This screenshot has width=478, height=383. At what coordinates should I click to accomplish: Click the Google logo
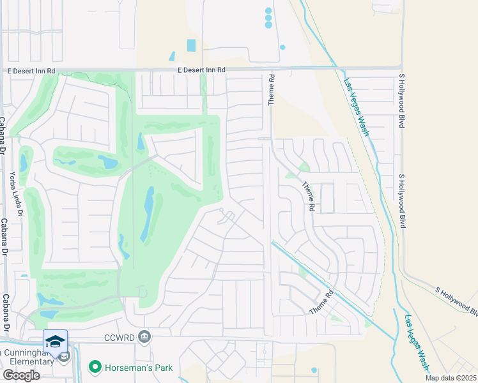click(x=21, y=375)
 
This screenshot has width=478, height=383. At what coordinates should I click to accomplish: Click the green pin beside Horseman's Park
click(x=95, y=367)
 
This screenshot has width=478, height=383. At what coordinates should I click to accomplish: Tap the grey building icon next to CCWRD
click(x=145, y=337)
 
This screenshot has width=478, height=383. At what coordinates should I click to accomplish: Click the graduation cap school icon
click(x=56, y=341)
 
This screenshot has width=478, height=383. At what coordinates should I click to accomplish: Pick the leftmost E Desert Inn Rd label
click(x=31, y=70)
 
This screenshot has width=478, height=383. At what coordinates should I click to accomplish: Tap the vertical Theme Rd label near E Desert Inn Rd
click(x=272, y=89)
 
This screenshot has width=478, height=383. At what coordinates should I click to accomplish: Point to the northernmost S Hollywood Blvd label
click(x=402, y=101)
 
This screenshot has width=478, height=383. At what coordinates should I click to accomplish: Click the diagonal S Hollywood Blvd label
click(x=456, y=300)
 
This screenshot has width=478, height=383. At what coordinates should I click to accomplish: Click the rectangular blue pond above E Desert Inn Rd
click(x=192, y=45)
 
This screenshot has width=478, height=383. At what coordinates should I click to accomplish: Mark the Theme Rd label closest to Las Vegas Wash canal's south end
click(x=321, y=303)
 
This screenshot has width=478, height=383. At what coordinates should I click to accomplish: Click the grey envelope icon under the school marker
click(x=63, y=357)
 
